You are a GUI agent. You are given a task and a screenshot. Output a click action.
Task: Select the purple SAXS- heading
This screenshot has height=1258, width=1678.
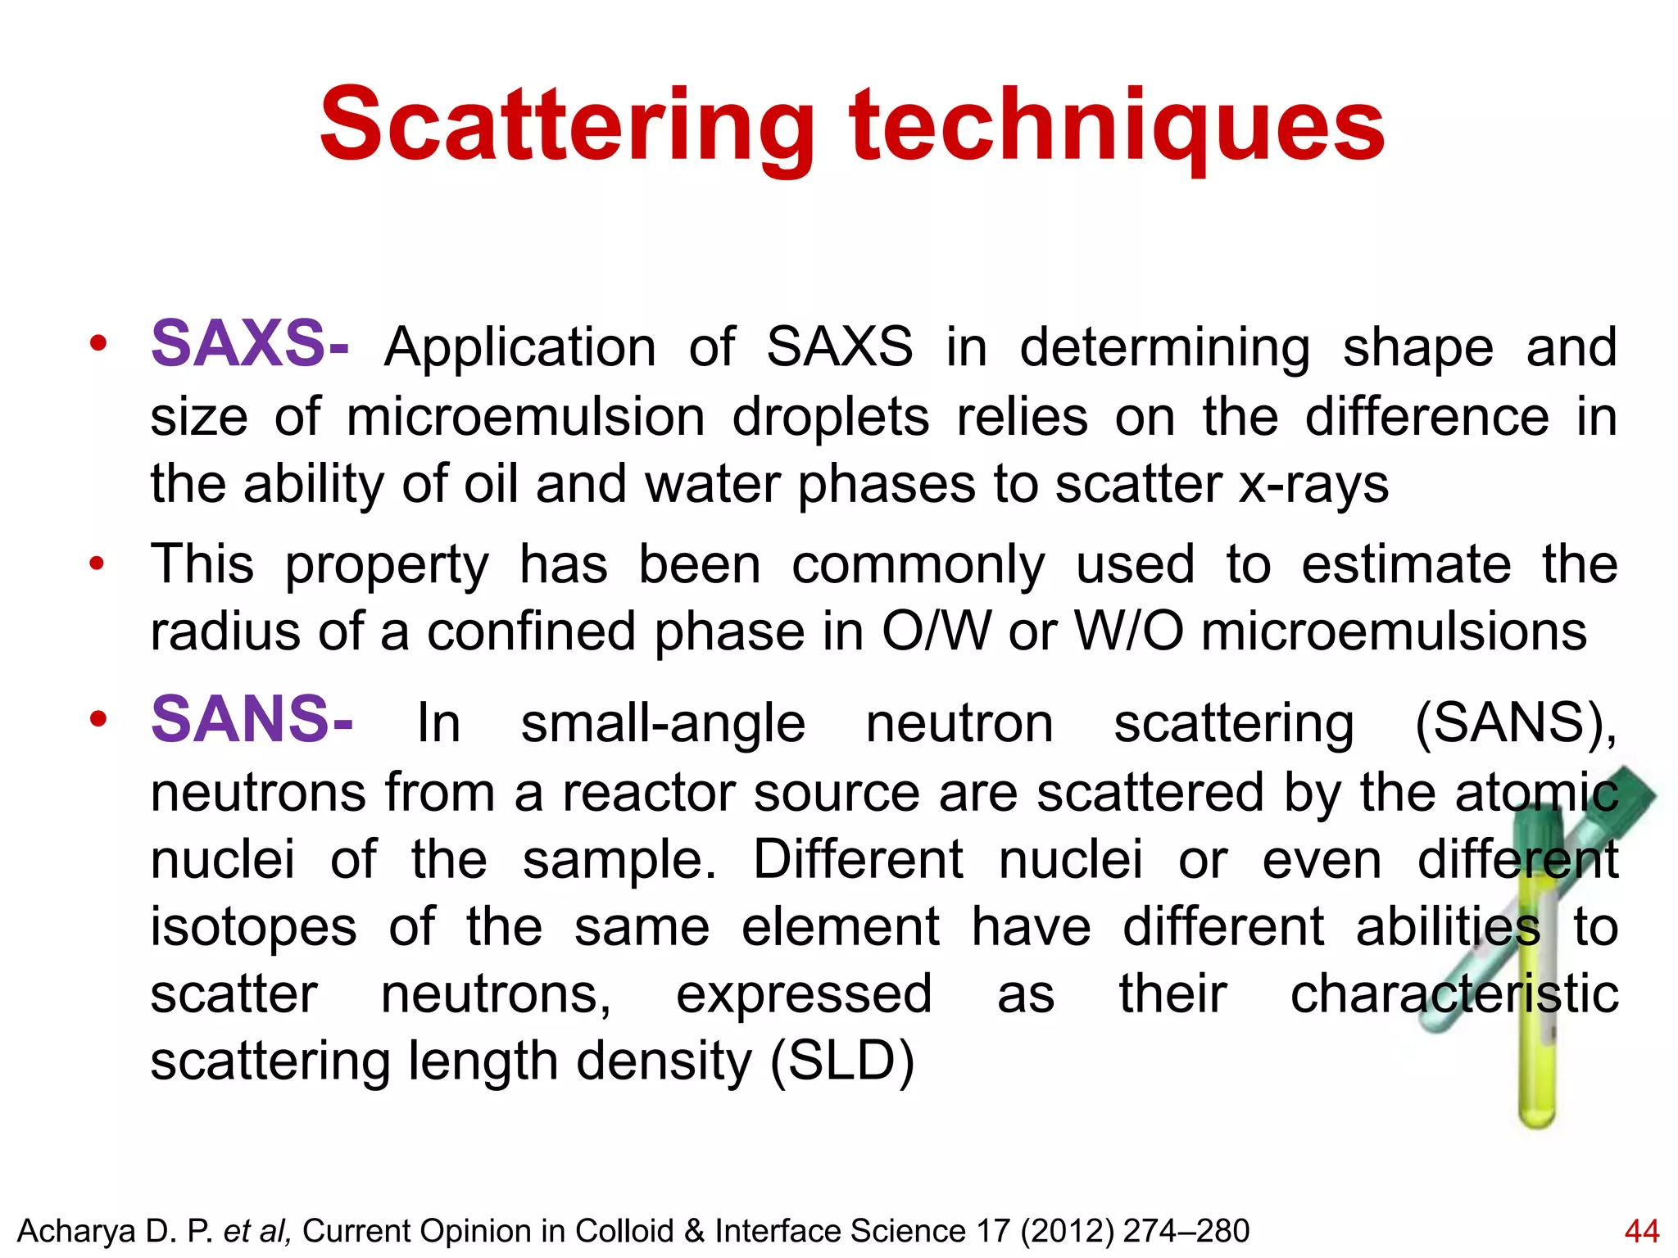point(250,344)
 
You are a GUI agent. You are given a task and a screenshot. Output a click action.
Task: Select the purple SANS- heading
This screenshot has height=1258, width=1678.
point(252,720)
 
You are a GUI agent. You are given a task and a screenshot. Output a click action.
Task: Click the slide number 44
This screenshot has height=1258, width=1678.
point(1641,1231)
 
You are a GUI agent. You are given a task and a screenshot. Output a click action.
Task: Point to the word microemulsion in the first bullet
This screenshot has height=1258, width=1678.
point(525,417)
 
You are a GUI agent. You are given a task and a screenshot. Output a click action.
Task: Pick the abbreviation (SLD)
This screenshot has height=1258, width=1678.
point(841,1061)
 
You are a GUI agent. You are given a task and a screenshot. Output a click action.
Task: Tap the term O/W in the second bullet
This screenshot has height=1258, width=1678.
point(936,632)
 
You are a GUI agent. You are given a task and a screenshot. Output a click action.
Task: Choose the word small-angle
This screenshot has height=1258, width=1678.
point(663,724)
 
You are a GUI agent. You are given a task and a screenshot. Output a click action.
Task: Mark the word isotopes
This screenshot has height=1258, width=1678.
point(253,928)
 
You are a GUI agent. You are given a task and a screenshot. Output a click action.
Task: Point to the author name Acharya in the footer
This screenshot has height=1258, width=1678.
point(77,1231)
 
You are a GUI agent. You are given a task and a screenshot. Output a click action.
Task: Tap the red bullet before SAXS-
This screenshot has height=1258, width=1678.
point(98,345)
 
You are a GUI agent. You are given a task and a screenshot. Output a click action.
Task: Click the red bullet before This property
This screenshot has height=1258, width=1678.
point(98,563)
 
